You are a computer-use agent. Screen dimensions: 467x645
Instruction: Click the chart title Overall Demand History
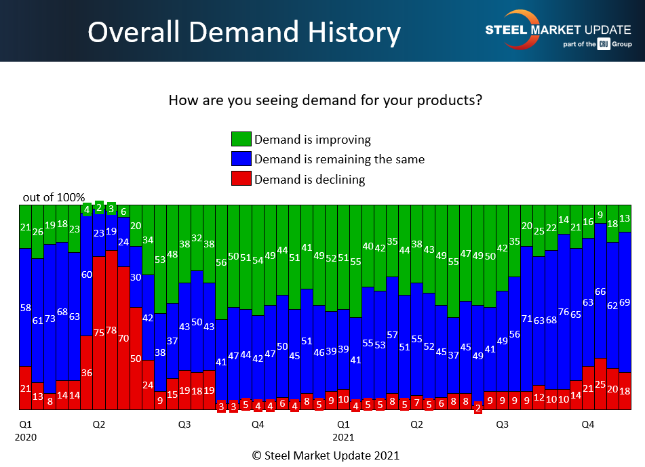click(x=243, y=32)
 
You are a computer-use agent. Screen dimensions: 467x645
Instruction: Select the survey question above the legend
click(x=325, y=101)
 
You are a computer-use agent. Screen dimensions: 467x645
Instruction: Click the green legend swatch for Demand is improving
click(x=241, y=140)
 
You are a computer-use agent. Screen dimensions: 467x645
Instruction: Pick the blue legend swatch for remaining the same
click(x=241, y=159)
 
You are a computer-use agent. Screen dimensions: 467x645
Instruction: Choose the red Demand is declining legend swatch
click(x=241, y=179)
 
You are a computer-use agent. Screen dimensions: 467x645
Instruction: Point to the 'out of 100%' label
click(x=54, y=197)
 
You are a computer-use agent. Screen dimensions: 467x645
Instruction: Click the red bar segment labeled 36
click(x=87, y=372)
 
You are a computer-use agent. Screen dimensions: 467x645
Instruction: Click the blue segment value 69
click(x=625, y=302)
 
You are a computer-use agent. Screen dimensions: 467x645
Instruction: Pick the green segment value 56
click(x=221, y=263)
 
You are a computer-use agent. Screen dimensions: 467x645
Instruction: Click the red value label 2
click(x=478, y=408)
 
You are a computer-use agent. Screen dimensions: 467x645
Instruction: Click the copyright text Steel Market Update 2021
click(x=325, y=455)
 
